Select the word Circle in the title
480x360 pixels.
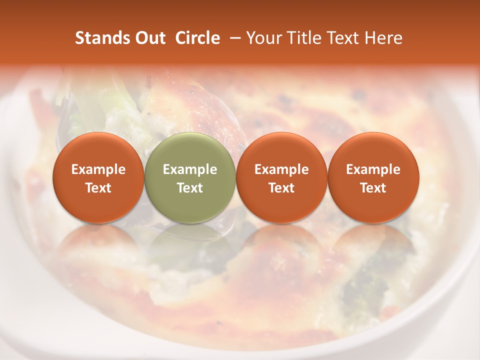[197, 38]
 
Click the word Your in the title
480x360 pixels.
[262, 38]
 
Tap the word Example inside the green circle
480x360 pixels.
[190, 169]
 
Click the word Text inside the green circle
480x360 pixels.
[190, 188]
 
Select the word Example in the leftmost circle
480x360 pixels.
[98, 169]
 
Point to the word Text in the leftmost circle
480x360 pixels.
[98, 188]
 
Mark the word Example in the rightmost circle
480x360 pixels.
[373, 169]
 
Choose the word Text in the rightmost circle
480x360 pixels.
[373, 188]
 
